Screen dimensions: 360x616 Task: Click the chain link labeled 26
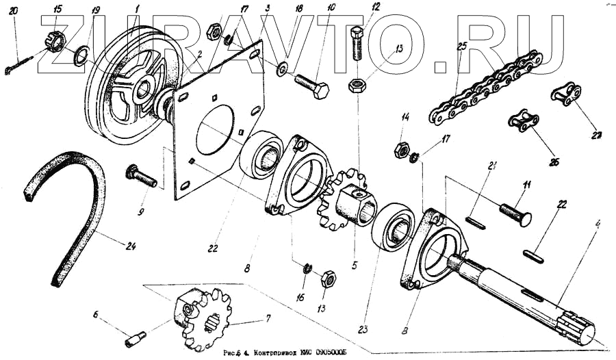click(522, 121)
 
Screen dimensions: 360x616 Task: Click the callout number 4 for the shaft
click(598, 222)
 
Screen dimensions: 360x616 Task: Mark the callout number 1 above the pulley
click(138, 8)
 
